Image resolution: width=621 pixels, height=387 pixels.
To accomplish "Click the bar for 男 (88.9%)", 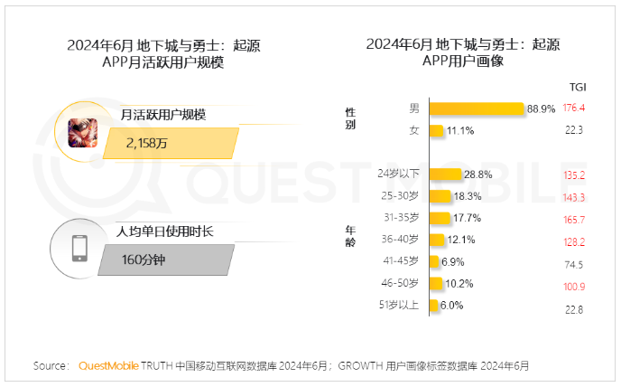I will pos(477,109).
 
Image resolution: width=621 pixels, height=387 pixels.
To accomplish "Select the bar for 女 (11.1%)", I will pos(436,130).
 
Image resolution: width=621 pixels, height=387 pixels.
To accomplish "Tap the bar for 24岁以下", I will pos(448,174).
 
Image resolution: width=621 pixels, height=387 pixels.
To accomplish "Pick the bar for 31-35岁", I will pos(440,218).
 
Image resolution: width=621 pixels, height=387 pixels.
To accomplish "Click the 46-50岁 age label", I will pos(400,283).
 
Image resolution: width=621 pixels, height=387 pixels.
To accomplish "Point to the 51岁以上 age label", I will pos(398,306).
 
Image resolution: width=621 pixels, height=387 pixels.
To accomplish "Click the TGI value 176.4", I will pos(574,109).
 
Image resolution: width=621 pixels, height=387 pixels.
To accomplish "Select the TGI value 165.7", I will pos(574,219).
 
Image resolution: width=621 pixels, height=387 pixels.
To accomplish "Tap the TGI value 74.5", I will pos(574,264).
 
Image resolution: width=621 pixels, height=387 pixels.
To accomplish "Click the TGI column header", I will pos(578,87).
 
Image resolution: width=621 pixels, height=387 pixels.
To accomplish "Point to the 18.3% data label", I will pos(467,196).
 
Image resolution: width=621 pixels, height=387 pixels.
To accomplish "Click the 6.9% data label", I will pos(452,261).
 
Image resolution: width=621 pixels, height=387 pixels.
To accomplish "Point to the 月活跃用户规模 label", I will pos(163,115).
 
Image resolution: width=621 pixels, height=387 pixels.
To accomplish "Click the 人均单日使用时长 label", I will pos(164,231).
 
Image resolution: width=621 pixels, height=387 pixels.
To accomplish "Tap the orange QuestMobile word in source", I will pos(109,366).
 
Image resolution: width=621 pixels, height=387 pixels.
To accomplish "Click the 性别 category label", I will pos(350,118).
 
